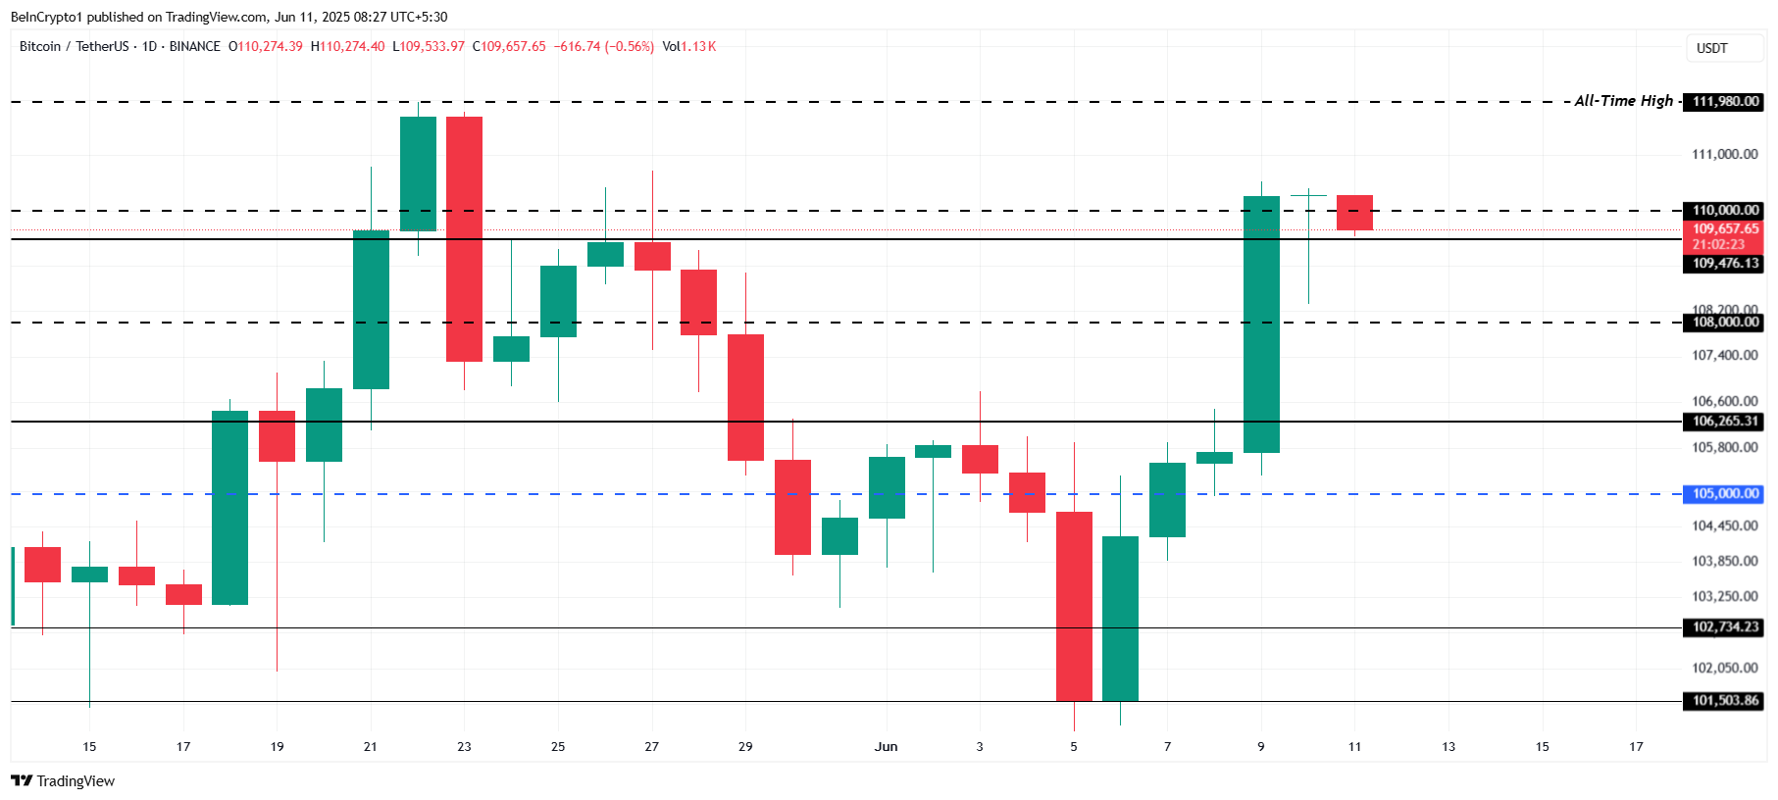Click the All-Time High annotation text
point(1623,101)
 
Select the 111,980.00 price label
point(1725,102)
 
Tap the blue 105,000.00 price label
point(1725,494)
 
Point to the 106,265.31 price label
point(1725,422)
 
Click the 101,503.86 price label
point(1725,701)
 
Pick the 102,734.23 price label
point(1725,627)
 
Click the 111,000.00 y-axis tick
point(1724,154)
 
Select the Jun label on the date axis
point(886,747)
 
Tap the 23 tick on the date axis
point(464,747)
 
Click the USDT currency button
point(1712,48)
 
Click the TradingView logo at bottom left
point(63,781)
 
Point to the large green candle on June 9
point(1261,324)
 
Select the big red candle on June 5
point(1074,606)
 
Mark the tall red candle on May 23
point(464,238)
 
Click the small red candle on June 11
point(1354,213)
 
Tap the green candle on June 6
point(1120,618)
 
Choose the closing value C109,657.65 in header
point(509,47)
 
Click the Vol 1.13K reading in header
point(688,47)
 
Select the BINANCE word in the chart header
point(194,47)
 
